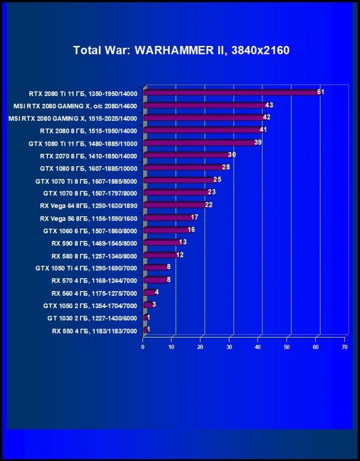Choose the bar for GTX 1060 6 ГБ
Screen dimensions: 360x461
167,230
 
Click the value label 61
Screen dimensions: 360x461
321,92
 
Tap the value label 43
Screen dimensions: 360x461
269,105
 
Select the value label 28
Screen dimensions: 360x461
226,167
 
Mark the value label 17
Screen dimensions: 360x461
194,217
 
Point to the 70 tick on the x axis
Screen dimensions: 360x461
344,347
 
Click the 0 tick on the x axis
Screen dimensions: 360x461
143,347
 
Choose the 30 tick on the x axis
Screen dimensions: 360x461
229,347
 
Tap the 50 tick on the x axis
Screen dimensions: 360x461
287,347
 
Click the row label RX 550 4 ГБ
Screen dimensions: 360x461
94,331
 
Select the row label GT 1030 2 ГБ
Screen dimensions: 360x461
92,319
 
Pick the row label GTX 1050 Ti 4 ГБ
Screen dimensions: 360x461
86,268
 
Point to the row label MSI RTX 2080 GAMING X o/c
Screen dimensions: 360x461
75,106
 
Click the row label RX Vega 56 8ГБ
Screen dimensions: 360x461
89,219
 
